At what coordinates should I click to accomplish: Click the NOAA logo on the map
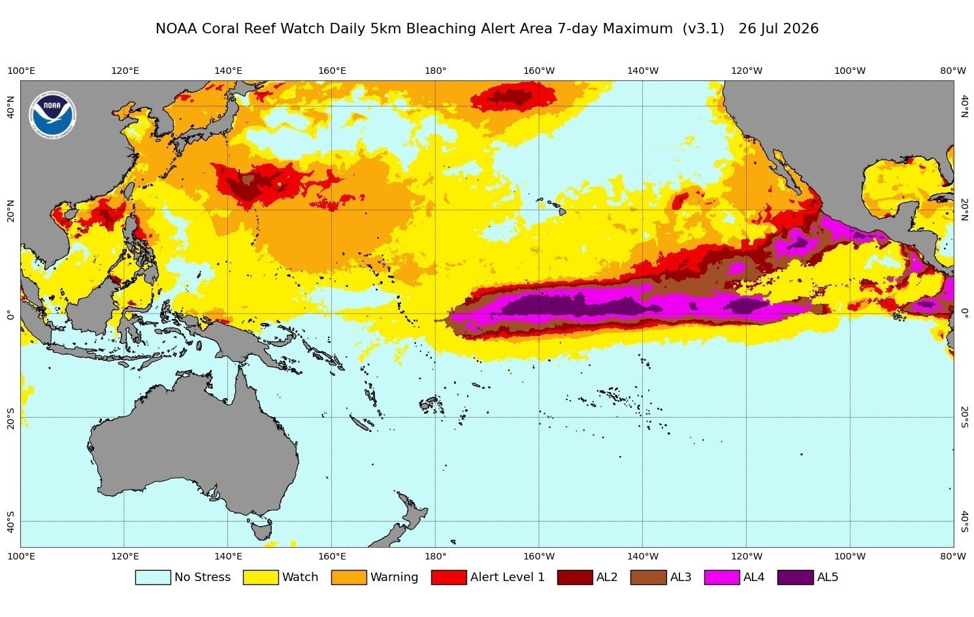coord(53,115)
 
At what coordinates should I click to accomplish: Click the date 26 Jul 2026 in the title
coord(778,29)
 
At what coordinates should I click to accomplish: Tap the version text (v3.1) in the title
coord(703,29)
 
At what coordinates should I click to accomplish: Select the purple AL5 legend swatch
coord(795,577)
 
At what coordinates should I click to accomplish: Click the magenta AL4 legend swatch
coord(722,577)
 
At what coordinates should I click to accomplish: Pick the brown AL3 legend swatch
coord(648,577)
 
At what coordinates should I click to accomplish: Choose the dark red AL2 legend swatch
coord(575,577)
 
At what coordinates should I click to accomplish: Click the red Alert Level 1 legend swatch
coord(449,577)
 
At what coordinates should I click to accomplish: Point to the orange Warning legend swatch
coord(349,577)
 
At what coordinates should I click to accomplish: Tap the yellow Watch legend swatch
coord(261,577)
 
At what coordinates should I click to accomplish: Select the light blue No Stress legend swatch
coord(153,577)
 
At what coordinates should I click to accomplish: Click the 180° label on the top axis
coord(435,71)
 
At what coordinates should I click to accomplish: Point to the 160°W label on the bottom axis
coord(539,556)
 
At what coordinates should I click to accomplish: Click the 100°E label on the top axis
coord(22,71)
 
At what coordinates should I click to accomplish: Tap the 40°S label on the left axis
coord(11,522)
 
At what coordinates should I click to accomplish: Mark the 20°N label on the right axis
coord(964,210)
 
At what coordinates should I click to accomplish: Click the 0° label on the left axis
coord(11,314)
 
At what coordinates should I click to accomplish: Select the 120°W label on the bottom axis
coord(747,556)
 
